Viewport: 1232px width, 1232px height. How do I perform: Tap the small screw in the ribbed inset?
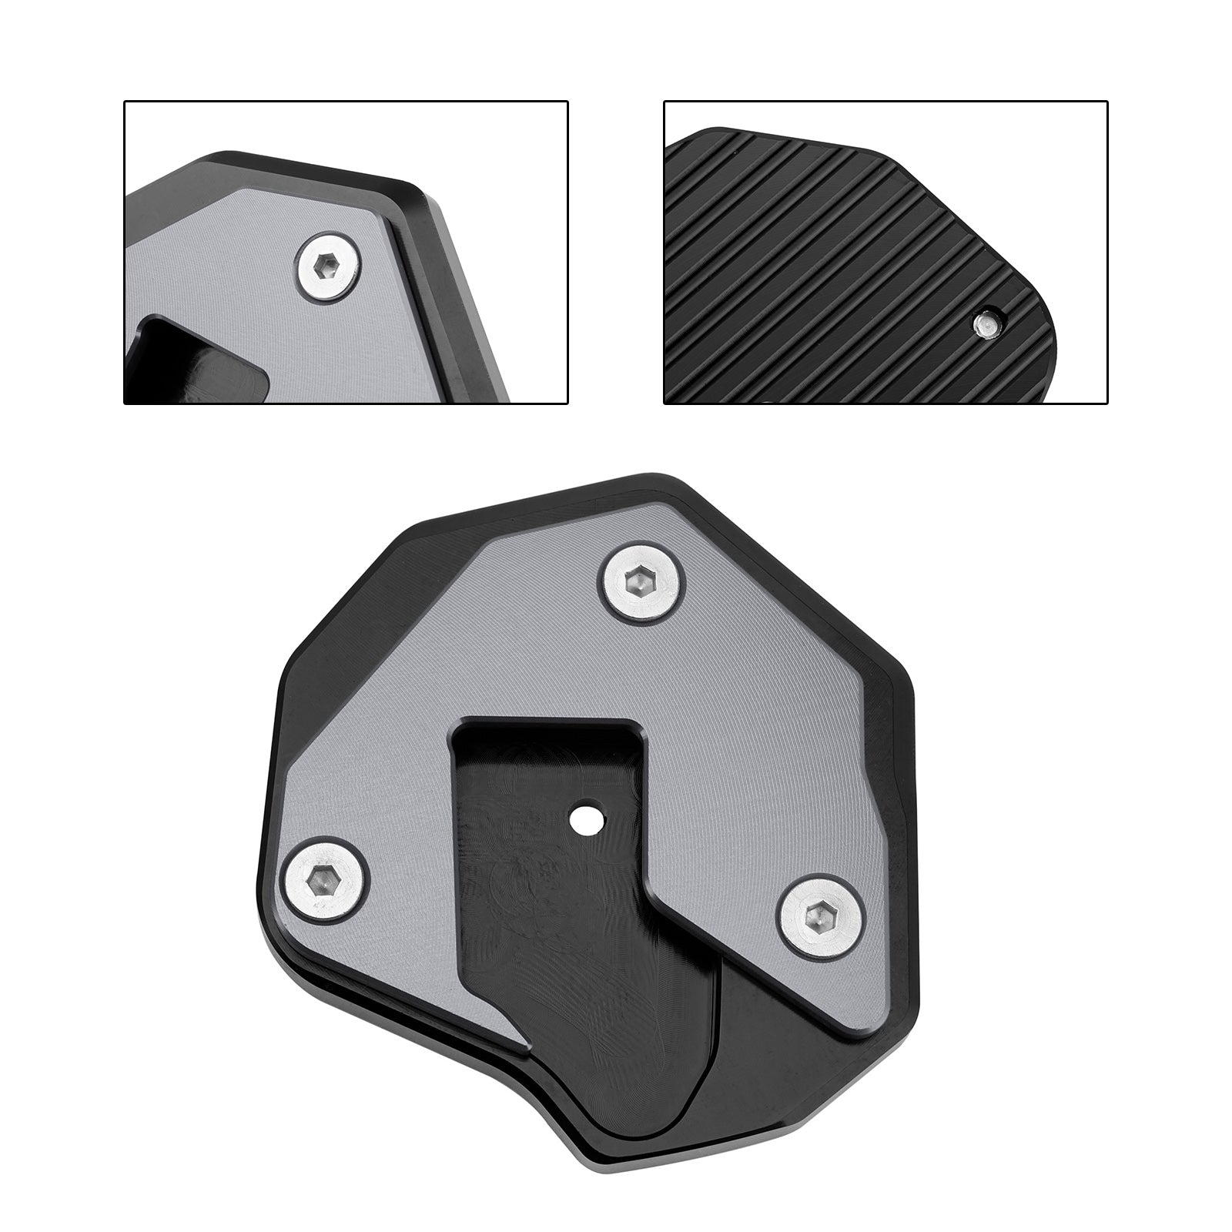point(983,326)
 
